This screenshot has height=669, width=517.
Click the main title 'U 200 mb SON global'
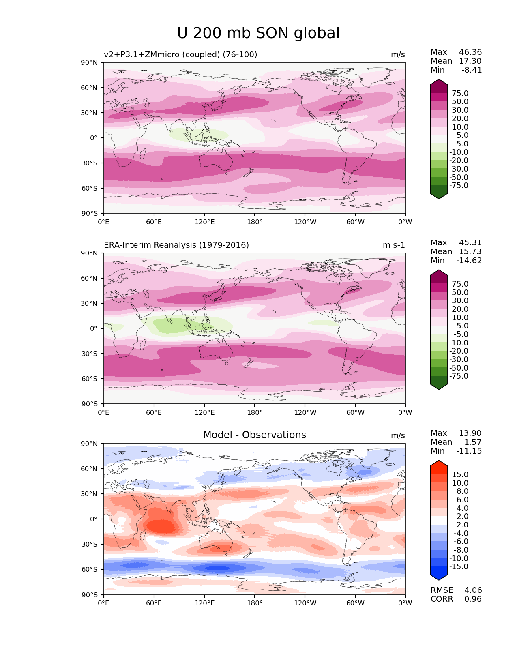(x=258, y=33)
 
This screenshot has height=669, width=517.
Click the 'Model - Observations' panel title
(x=254, y=435)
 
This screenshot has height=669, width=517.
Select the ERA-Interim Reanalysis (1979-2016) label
(x=176, y=245)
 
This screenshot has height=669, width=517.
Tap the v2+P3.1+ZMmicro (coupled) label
(x=180, y=54)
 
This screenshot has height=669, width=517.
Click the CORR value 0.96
(x=473, y=599)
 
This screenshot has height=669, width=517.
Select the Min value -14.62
(x=469, y=261)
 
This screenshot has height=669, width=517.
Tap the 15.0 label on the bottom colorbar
(x=460, y=475)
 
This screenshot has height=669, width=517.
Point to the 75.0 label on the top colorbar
(x=460, y=94)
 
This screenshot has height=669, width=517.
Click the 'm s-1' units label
(x=394, y=245)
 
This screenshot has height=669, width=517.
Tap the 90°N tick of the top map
(x=90, y=62)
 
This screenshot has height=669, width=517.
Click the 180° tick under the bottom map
(x=255, y=603)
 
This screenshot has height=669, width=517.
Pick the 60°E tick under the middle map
(x=154, y=413)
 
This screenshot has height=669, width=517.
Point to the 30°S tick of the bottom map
(x=90, y=544)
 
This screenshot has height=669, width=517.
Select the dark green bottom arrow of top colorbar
(x=439, y=195)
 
